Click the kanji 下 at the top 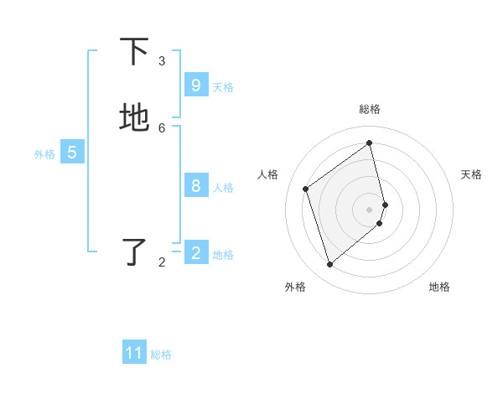click(x=134, y=52)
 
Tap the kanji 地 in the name click(x=134, y=118)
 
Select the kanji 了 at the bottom click(x=134, y=253)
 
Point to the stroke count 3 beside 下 click(x=162, y=60)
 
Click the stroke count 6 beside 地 click(x=162, y=127)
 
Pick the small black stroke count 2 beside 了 click(x=162, y=262)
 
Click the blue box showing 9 click(x=195, y=86)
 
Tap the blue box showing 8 click(x=195, y=186)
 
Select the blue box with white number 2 click(x=195, y=253)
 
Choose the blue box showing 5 click(x=72, y=153)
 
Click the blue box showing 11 click(x=134, y=353)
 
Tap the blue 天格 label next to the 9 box click(x=223, y=86)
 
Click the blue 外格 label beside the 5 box click(x=44, y=153)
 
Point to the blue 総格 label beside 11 click(x=161, y=354)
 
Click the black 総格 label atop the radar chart click(x=370, y=108)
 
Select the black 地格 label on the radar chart click(x=439, y=287)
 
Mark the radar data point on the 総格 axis click(x=370, y=143)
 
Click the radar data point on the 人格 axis click(x=306, y=189)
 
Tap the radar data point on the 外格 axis click(x=329, y=265)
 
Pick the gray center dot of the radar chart click(x=370, y=209)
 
